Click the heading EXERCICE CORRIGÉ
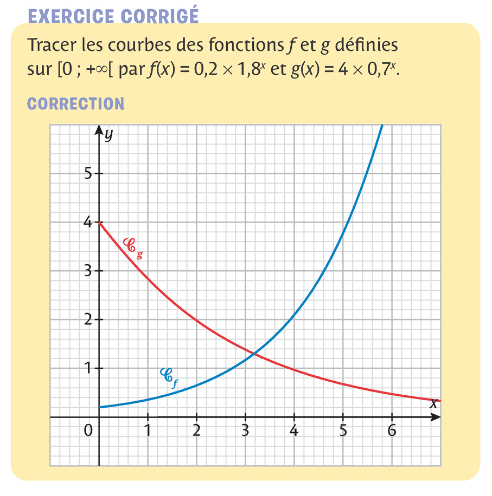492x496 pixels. (x=113, y=16)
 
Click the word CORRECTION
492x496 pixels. (x=75, y=103)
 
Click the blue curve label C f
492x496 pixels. (x=168, y=376)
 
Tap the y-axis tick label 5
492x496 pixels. (x=86, y=174)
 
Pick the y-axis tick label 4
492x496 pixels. (x=86, y=223)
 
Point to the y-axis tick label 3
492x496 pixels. (x=86, y=271)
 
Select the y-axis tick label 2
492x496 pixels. (x=86, y=320)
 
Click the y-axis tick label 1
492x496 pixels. (x=86, y=369)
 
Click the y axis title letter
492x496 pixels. (x=109, y=135)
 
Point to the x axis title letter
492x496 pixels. (x=433, y=403)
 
